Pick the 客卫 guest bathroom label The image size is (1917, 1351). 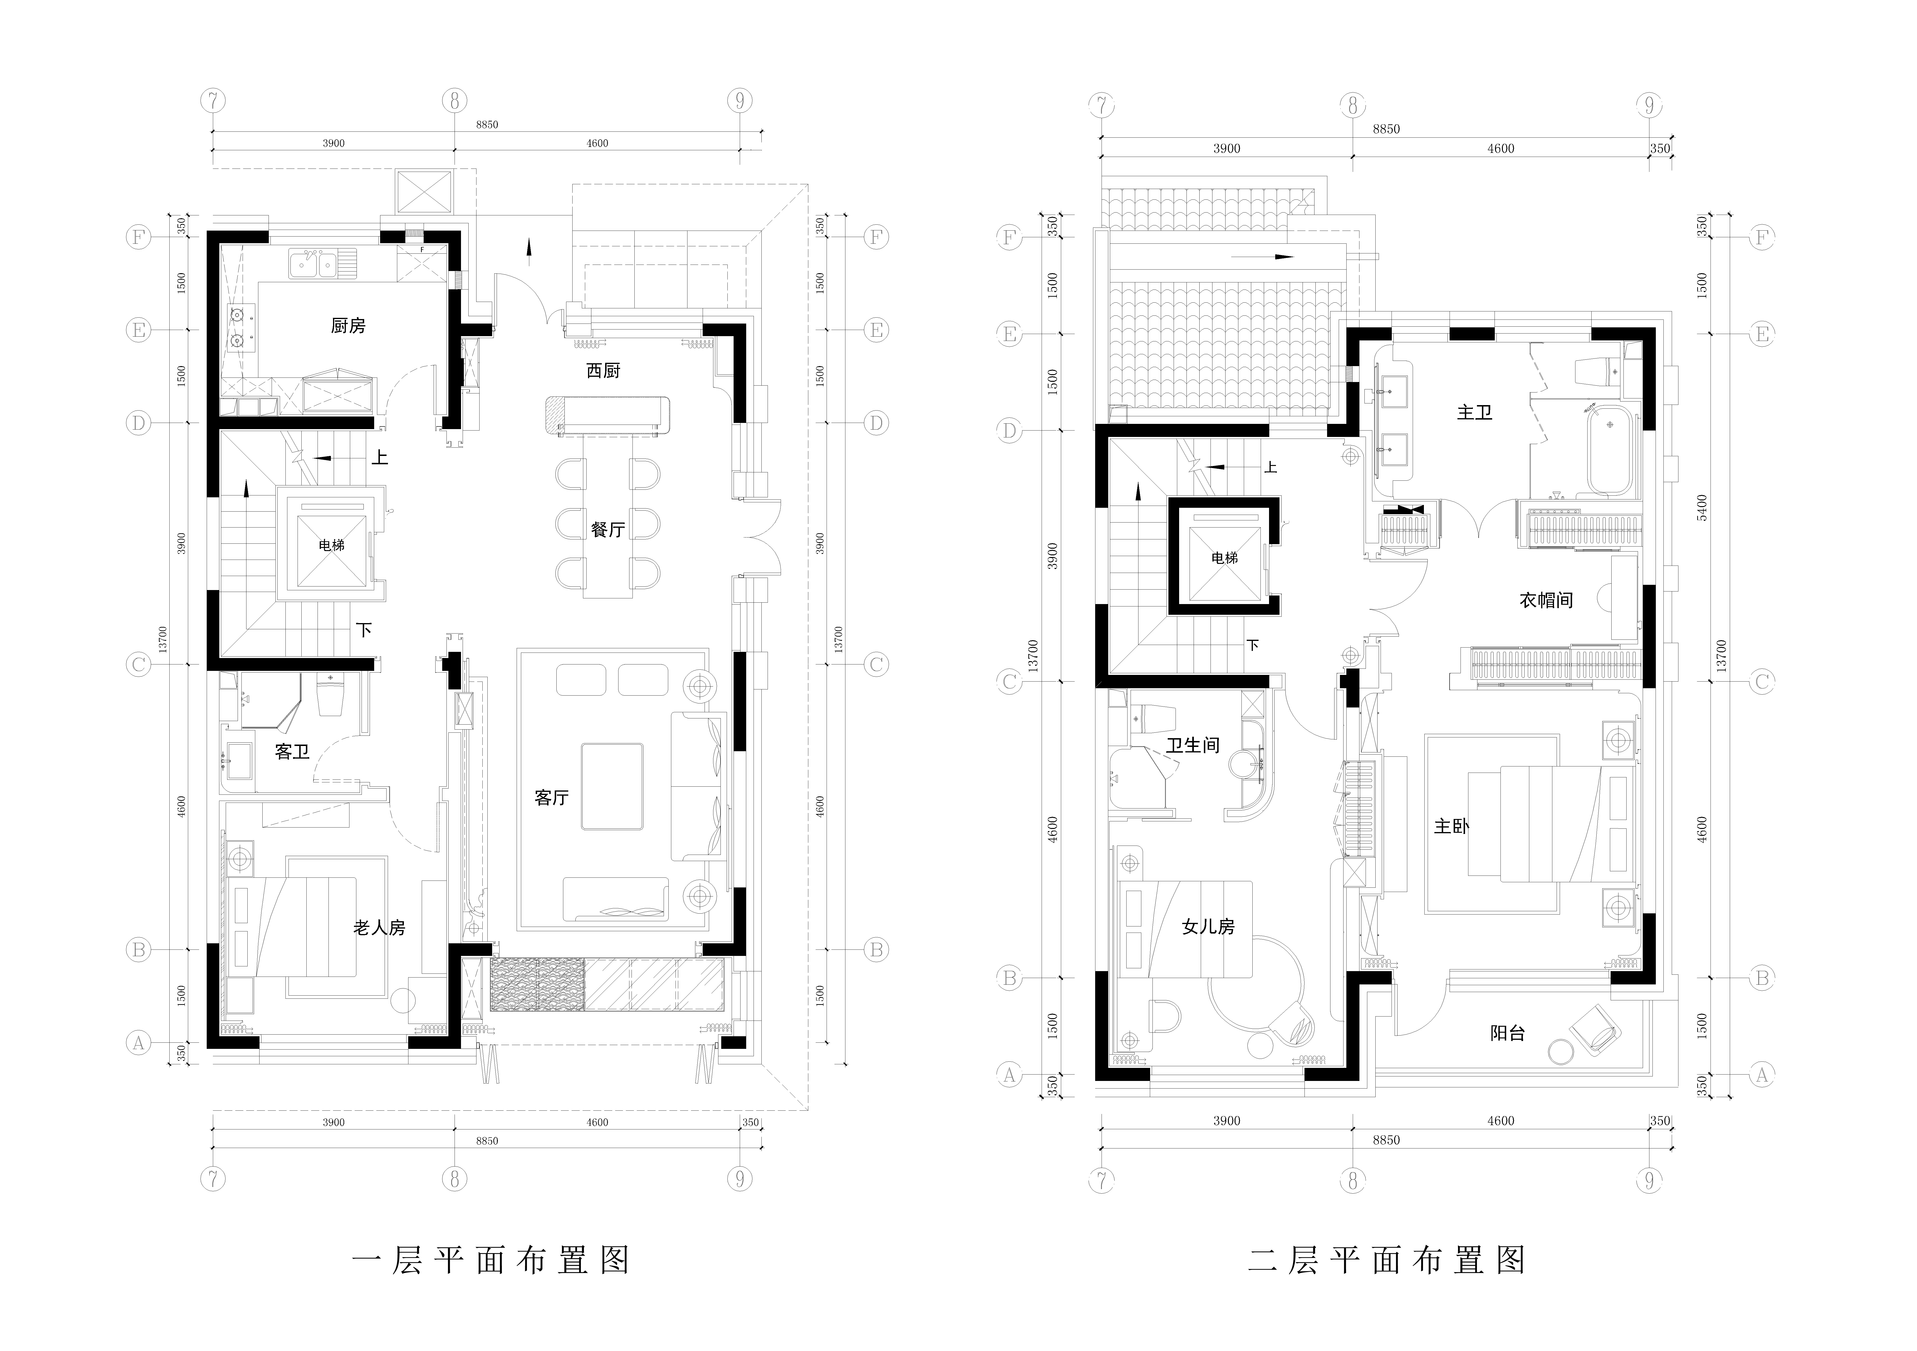[292, 752]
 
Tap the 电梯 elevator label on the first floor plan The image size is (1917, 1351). [331, 545]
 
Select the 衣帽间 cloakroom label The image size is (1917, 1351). [1546, 600]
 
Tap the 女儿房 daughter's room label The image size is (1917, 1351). [1208, 926]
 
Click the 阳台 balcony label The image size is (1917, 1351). [1508, 1033]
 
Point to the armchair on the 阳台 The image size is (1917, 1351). [1596, 1028]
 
